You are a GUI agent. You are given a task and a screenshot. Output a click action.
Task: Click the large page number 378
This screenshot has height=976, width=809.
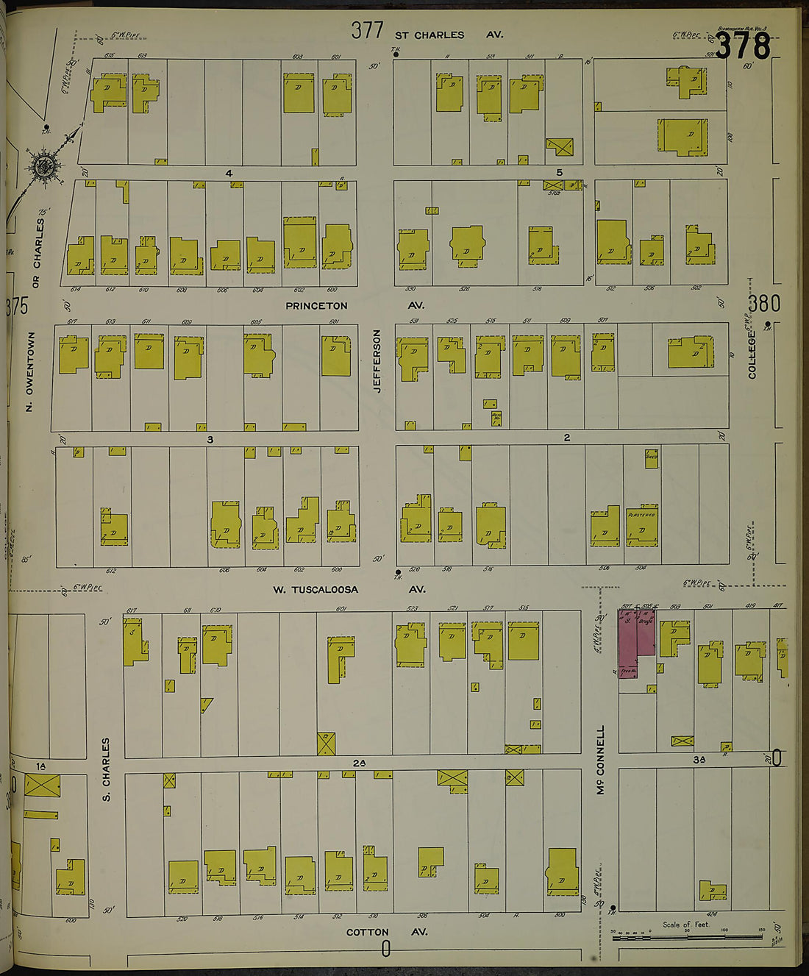(743, 46)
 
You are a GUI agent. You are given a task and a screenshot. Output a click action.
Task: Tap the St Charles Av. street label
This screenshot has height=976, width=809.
(449, 35)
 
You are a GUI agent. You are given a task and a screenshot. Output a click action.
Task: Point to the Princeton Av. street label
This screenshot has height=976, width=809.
(354, 305)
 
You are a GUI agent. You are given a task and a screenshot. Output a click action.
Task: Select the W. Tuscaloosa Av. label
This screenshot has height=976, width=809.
(349, 589)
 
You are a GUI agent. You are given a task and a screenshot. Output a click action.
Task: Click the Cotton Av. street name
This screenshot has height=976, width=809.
(387, 932)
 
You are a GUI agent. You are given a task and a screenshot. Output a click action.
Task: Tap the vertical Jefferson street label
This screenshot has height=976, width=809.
(378, 360)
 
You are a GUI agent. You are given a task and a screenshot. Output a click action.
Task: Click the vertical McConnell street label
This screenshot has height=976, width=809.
(601, 761)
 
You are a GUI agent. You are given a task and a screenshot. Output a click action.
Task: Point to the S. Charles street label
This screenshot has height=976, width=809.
(106, 769)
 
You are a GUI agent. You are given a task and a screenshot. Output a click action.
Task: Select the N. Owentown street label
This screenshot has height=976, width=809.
(30, 371)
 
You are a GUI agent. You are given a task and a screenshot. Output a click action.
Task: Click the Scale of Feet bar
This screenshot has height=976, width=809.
(687, 933)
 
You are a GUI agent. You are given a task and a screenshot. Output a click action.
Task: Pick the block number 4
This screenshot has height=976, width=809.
(229, 173)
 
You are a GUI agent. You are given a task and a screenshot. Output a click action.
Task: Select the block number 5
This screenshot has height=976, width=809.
(559, 173)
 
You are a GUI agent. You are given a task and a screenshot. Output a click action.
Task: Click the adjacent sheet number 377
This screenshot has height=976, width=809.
(367, 30)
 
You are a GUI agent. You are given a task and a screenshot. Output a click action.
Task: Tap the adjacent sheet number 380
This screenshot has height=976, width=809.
(765, 302)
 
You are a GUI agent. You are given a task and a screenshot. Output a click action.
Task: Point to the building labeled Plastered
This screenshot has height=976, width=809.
(641, 525)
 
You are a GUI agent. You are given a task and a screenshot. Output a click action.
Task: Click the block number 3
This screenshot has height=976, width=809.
(210, 439)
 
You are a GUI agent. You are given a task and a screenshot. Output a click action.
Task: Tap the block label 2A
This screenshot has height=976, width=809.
(359, 763)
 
